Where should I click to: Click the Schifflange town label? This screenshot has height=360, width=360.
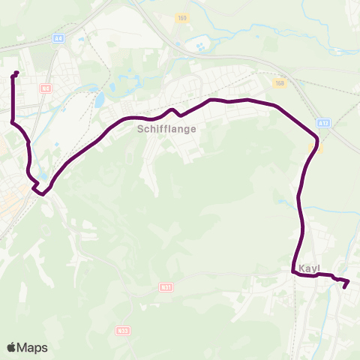click(166, 129)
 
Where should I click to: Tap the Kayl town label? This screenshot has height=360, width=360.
click(310, 268)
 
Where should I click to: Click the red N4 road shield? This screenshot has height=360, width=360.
click(46, 88)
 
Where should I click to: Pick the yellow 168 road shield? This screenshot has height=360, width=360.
click(280, 84)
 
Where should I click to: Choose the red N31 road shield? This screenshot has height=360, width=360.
click(166, 286)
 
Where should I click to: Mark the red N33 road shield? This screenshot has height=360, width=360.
click(123, 329)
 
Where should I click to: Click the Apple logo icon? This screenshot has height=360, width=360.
click(12, 347)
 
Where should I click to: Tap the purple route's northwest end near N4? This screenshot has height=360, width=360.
click(16, 73)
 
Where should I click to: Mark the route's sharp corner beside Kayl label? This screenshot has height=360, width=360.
click(293, 274)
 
